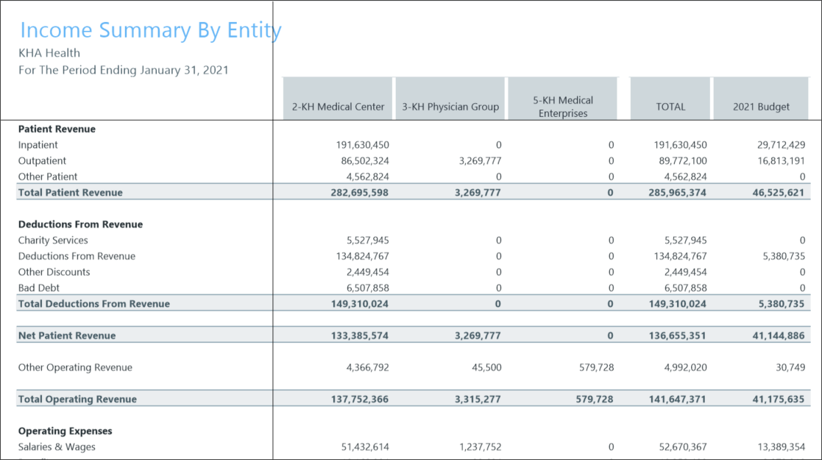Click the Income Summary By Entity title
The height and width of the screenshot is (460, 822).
click(x=150, y=30)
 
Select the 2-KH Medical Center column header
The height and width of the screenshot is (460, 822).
click(x=338, y=107)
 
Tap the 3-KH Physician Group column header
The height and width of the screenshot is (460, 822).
click(x=450, y=107)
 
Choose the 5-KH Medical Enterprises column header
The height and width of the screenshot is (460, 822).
click(x=563, y=107)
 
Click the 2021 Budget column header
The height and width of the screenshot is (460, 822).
click(x=761, y=107)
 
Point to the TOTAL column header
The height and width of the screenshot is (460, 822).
click(x=670, y=107)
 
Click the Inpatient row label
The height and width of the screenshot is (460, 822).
click(x=38, y=145)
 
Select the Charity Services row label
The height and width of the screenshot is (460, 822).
click(x=53, y=241)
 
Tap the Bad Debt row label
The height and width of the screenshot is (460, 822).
click(x=39, y=289)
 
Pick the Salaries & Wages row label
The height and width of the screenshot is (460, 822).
click(x=57, y=447)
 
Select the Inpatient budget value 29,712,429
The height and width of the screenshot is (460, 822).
click(x=776, y=145)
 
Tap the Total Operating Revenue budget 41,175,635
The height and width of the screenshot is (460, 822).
click(x=774, y=400)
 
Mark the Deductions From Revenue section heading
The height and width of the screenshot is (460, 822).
click(x=80, y=224)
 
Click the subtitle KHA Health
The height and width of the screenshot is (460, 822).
click(x=49, y=53)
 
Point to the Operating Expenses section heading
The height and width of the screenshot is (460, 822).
click(x=65, y=431)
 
